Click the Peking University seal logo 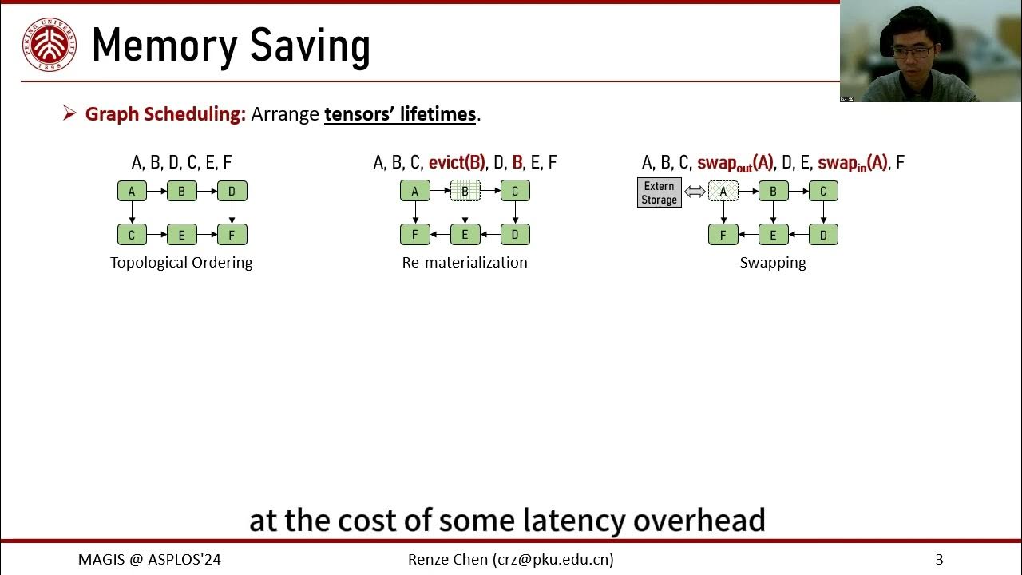point(50,45)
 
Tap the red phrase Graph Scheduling point(165,114)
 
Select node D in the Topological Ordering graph point(232,192)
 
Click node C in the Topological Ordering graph point(132,235)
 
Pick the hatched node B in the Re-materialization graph point(465,192)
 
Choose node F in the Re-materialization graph point(415,235)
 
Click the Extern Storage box point(660,193)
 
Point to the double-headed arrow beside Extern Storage point(695,192)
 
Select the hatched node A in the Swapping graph point(723,192)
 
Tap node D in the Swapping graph point(823,235)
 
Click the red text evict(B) point(457,163)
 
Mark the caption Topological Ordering point(181,263)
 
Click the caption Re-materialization point(465,263)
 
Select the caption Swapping point(773,263)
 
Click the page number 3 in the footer point(939,560)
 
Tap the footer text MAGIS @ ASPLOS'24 point(149,560)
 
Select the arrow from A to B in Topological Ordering point(156,192)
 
